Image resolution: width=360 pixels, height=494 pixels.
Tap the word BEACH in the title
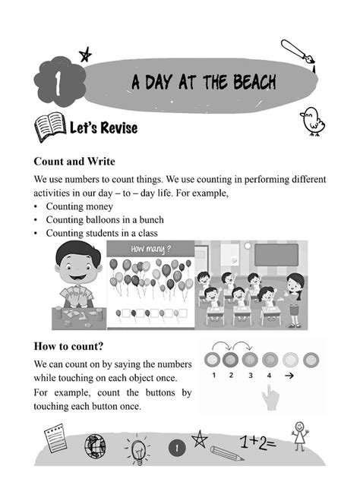point(245,82)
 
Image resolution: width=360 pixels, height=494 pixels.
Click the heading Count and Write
point(74,162)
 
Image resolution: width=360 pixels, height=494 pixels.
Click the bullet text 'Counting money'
point(79,206)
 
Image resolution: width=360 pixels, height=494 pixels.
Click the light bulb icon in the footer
point(139,448)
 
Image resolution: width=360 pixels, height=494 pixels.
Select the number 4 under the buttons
point(269,375)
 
